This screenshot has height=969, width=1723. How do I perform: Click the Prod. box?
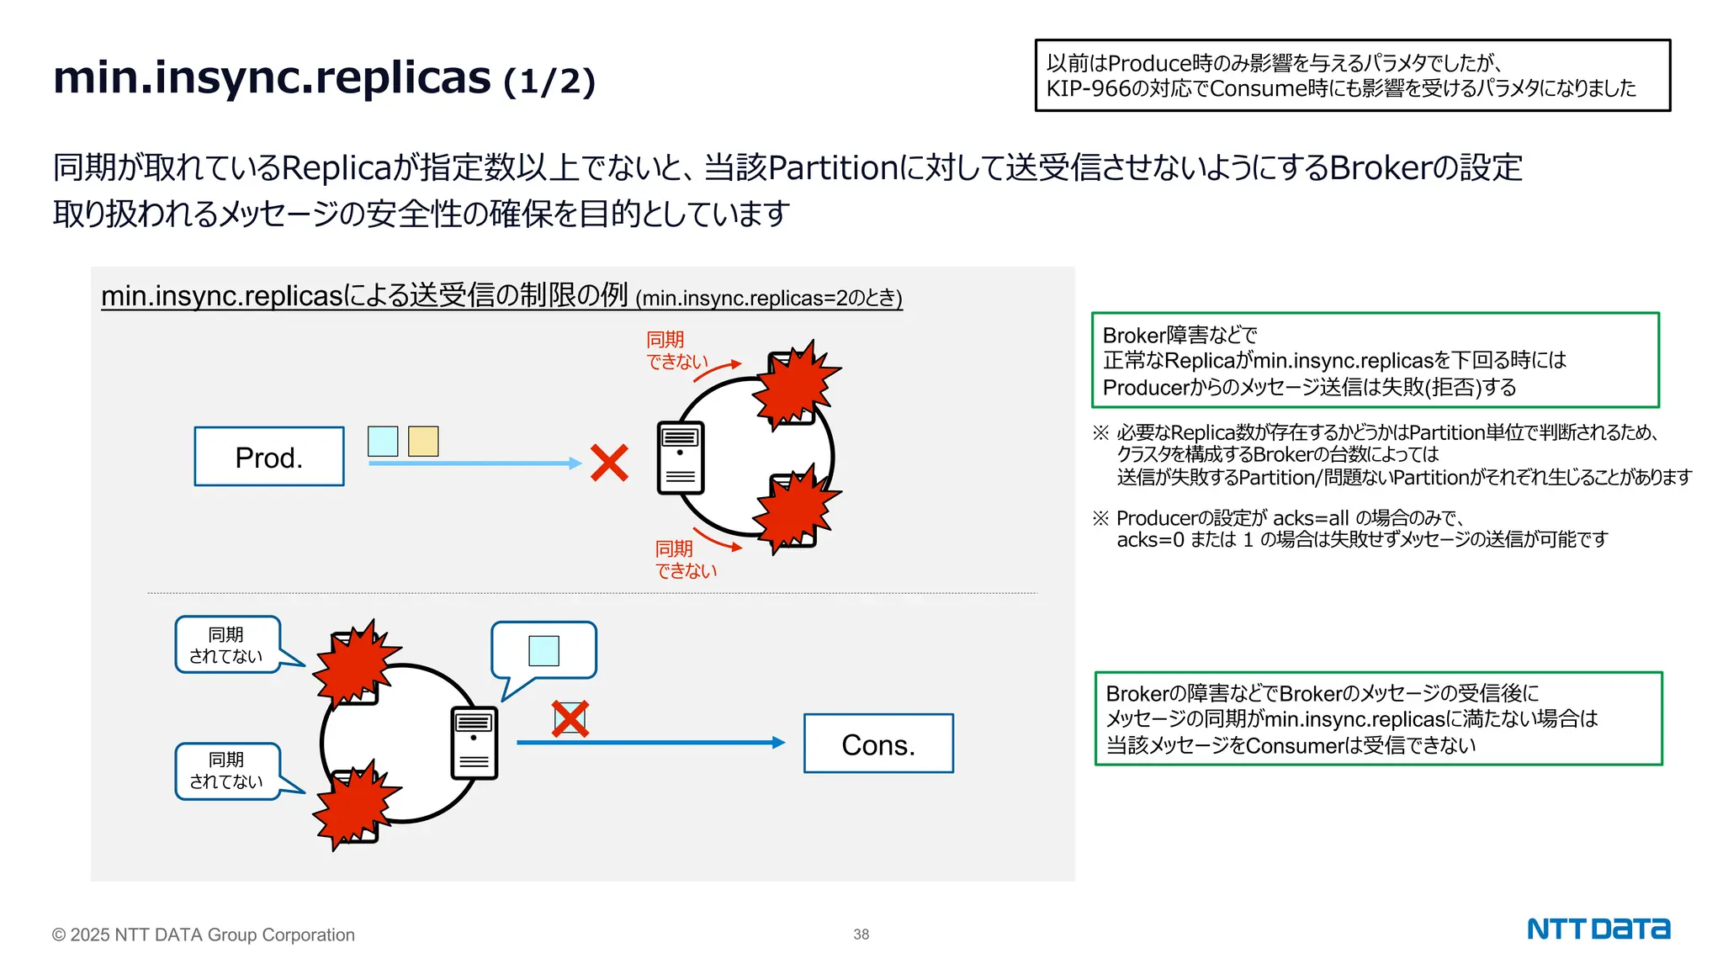269,457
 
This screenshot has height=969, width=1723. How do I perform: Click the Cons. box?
878,744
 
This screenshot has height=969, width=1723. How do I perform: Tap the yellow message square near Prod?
423,441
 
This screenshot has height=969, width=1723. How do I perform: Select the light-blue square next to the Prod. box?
383,441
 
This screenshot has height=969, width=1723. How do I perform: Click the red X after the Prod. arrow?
609,463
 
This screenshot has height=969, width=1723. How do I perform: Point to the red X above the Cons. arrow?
570,719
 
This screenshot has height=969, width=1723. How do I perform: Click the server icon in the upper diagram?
681,457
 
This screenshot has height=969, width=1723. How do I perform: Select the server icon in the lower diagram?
474,743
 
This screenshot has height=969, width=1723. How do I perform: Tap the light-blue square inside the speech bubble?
543,650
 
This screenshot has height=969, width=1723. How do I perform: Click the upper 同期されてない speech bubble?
227,645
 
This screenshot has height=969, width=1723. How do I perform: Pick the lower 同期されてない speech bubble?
227,770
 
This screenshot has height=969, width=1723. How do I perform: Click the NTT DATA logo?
1598,929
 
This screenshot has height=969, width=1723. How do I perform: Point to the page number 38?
861,935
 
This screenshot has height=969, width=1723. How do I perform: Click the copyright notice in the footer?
204,935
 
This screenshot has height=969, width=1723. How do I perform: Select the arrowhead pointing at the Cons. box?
778,743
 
